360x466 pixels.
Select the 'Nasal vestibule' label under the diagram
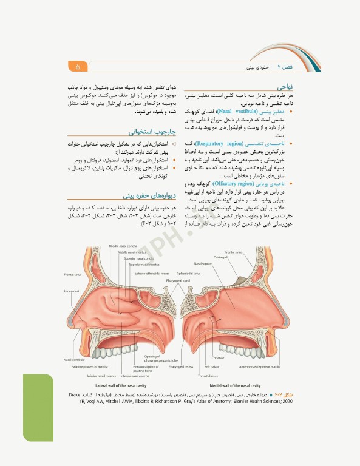click(x=73, y=360)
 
